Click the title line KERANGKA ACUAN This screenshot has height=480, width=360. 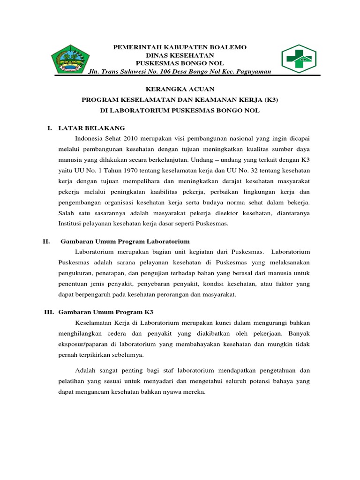[x=180, y=89]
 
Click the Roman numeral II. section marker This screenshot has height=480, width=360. [x=46, y=241]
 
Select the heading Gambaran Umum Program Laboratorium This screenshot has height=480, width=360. [x=125, y=241]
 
